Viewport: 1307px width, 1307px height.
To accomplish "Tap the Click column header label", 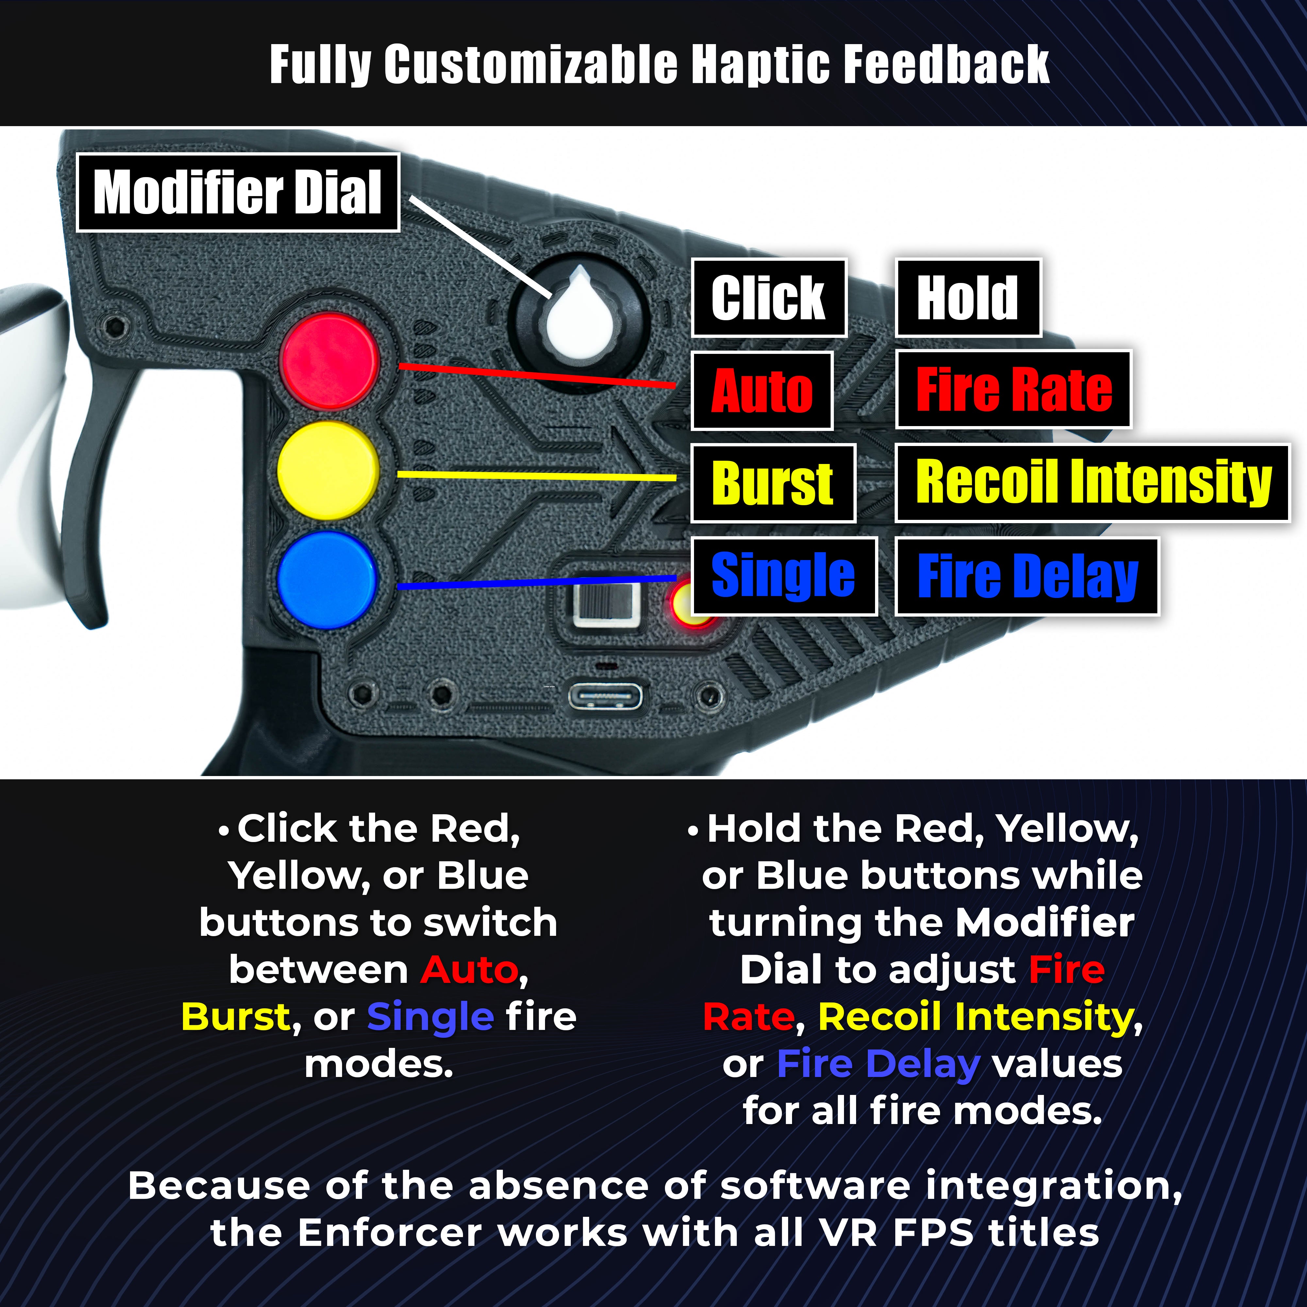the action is point(769,298).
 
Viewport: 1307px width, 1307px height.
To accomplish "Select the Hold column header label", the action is point(968,298).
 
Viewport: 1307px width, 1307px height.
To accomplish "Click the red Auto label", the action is point(762,390).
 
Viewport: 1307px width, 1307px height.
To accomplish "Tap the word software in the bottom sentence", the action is point(815,1185).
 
